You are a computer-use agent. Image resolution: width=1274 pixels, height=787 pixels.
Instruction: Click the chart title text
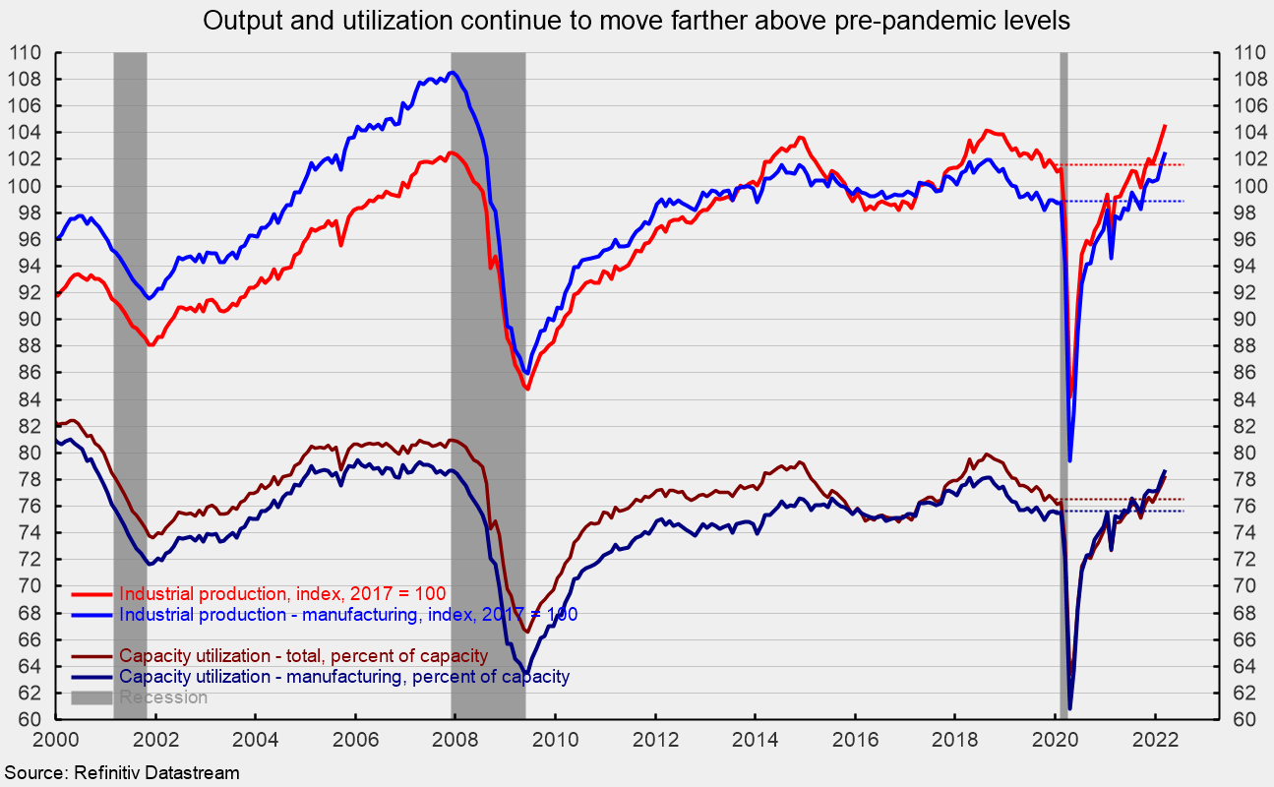point(637,21)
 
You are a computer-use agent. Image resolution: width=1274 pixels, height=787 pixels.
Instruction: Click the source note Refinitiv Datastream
point(120,773)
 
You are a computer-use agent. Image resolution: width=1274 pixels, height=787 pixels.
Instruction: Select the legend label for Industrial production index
point(282,593)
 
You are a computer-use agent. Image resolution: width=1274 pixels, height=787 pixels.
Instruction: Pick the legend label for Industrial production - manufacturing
point(347,614)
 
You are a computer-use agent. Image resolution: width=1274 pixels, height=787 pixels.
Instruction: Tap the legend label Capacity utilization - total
point(303,656)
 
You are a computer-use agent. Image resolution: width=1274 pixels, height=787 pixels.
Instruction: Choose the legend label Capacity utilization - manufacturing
point(343,677)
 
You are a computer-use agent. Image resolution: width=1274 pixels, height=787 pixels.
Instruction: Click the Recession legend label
point(163,697)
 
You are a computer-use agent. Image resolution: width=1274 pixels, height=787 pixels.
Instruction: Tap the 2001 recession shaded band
point(130,393)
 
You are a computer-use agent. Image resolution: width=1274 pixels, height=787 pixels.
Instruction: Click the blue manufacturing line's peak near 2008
point(451,73)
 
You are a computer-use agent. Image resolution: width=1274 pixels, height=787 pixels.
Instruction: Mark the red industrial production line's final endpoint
point(1165,126)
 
